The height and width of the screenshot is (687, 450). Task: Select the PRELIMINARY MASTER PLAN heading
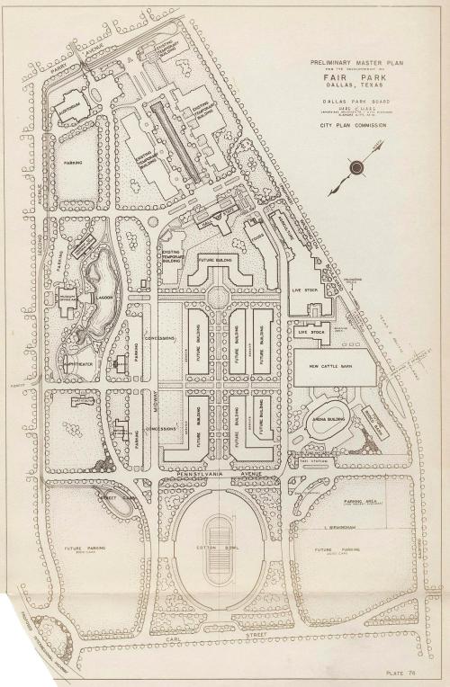(x=346, y=63)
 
